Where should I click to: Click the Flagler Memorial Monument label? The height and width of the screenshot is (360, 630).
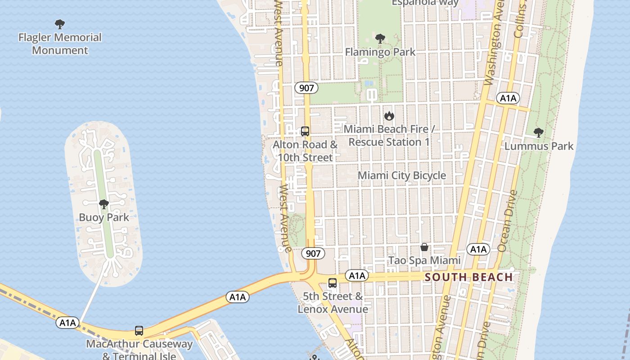[x=60, y=44]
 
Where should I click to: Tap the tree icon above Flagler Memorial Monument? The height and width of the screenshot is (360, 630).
[x=60, y=24]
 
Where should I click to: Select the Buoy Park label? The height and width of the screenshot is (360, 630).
[x=104, y=217]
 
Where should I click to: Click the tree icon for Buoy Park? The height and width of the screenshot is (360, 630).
[x=104, y=205]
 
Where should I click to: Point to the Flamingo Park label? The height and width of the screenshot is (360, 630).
[x=380, y=52]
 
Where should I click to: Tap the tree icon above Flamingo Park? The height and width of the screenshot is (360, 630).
[x=380, y=39]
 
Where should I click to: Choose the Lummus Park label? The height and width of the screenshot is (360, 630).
[x=539, y=146]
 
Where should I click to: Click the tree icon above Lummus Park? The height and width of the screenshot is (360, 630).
[x=538, y=133]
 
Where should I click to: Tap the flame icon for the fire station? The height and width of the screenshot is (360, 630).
[x=389, y=116]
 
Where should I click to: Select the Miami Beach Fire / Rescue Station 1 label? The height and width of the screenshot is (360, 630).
[x=389, y=135]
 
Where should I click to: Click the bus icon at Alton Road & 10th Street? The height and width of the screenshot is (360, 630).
[x=305, y=131]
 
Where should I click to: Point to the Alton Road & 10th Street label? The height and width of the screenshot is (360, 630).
[x=305, y=151]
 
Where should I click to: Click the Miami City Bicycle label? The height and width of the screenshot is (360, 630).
[x=402, y=175]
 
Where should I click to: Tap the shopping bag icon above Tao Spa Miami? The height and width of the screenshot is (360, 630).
[x=424, y=247]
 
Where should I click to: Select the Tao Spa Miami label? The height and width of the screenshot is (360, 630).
[x=424, y=261]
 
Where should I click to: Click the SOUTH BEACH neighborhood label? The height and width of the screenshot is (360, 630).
[x=469, y=277]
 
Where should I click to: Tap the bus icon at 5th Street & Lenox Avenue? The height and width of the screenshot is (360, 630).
[x=333, y=283]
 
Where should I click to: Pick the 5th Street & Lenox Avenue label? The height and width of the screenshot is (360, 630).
[x=333, y=303]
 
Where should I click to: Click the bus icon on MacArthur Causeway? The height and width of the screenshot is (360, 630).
[x=139, y=331]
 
